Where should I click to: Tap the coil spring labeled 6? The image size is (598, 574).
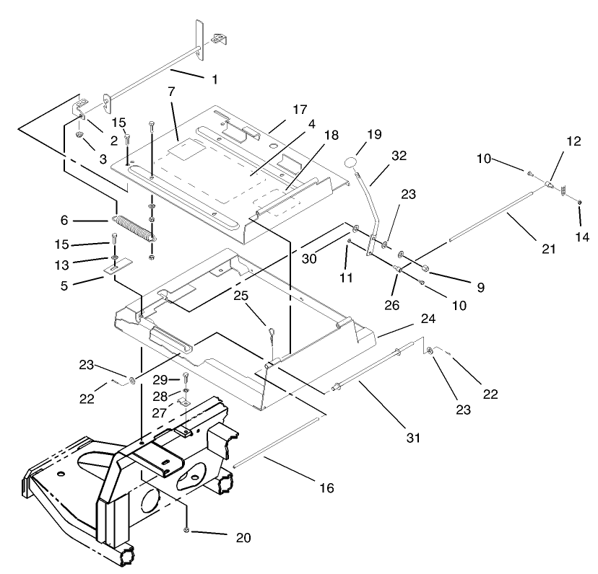134,224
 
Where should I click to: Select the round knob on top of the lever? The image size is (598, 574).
352,164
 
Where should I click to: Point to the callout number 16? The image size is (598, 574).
326,488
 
